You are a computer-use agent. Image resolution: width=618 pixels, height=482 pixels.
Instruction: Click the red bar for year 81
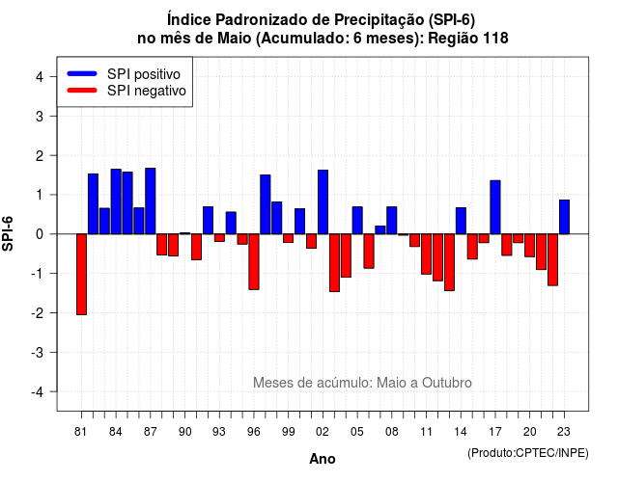[x=81, y=274]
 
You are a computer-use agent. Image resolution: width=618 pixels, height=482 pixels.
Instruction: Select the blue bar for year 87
[x=151, y=201]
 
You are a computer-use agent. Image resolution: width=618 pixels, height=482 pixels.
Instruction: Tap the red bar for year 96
[x=254, y=261]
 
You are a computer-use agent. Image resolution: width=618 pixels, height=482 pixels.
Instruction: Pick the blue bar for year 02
[x=323, y=201]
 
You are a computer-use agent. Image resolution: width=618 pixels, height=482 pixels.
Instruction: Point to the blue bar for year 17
[x=495, y=207]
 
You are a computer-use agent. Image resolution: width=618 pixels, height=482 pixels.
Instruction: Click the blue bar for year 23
[x=564, y=217]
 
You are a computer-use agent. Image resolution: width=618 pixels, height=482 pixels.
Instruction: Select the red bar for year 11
[x=427, y=254]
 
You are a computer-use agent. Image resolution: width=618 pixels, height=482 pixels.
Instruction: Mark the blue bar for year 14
[x=461, y=221]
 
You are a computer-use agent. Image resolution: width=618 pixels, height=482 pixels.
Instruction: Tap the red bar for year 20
[x=530, y=246]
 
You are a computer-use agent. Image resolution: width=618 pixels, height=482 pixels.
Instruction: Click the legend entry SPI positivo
[x=144, y=74]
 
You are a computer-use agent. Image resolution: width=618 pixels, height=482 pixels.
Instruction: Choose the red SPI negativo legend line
[x=82, y=91]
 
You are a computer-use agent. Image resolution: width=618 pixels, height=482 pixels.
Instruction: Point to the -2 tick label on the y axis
[x=39, y=313]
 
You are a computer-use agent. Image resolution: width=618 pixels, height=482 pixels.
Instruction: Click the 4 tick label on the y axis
[x=40, y=77]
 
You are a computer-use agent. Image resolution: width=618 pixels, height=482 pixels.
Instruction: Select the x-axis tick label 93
[x=219, y=432]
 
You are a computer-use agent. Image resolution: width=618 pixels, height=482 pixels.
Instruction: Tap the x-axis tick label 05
[x=357, y=432]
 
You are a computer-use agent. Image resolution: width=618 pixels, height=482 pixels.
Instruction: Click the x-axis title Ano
[x=323, y=459]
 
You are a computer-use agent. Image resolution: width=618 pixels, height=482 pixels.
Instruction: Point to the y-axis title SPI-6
[x=8, y=233]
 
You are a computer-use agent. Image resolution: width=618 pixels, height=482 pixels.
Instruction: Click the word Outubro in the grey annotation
[x=446, y=383]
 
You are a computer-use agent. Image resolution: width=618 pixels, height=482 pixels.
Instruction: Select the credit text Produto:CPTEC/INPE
[x=528, y=453]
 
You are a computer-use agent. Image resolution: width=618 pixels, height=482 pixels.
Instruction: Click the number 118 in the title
[x=494, y=39]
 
